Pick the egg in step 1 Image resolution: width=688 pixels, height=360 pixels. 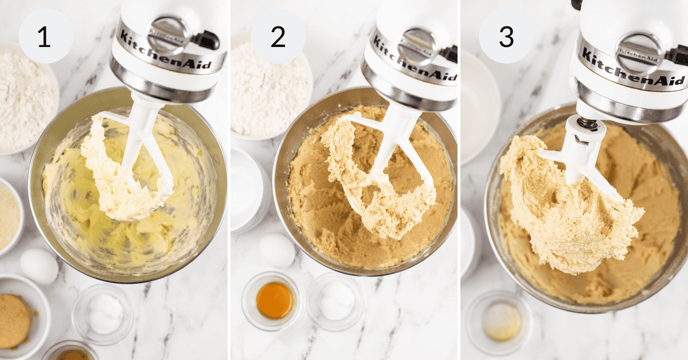coord(39,266)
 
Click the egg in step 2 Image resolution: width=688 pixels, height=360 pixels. coord(277,250)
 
